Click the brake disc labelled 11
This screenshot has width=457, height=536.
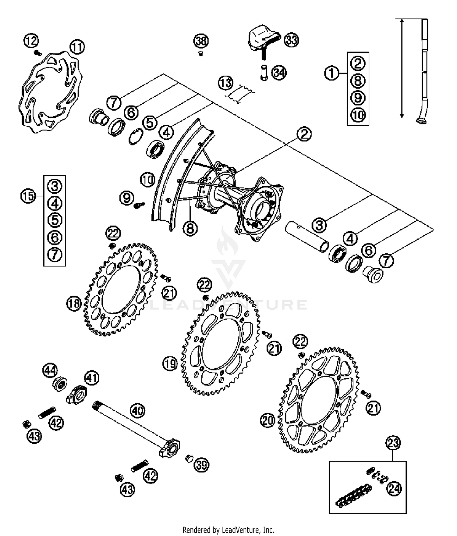(50, 91)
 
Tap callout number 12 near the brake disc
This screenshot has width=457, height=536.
(31, 41)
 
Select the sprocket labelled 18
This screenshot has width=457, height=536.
(121, 290)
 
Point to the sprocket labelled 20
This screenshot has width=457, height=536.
(320, 399)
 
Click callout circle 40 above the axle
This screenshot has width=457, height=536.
(137, 411)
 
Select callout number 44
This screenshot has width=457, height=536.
(50, 371)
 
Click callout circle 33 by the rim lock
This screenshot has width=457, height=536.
(291, 40)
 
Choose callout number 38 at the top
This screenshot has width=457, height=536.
(201, 41)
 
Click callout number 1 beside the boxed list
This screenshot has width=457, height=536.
(332, 73)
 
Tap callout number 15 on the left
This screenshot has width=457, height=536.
(28, 196)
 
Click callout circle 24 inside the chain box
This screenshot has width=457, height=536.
(394, 488)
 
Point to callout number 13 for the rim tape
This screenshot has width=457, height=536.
(226, 83)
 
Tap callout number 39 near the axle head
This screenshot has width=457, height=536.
(201, 465)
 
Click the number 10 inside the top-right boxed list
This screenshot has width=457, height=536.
(358, 115)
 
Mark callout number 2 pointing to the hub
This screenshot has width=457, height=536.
(304, 134)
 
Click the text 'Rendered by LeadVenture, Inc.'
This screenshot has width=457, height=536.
(228, 530)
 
